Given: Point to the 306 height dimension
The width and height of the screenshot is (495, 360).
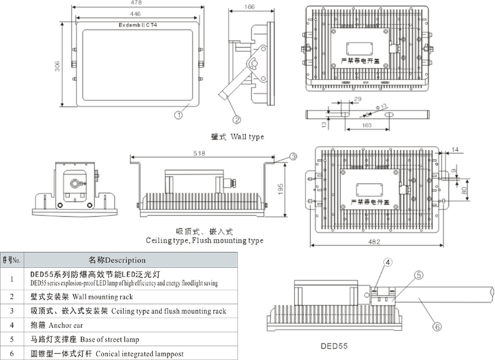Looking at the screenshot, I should (x=58, y=67).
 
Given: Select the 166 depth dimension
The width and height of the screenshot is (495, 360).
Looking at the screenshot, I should (x=249, y=7).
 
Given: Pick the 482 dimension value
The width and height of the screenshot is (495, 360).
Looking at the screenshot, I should (x=375, y=242).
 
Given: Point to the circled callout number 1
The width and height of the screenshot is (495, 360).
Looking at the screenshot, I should (x=179, y=115).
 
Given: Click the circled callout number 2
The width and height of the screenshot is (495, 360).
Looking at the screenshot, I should (x=236, y=120).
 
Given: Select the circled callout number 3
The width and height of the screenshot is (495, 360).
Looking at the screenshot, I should (x=293, y=156).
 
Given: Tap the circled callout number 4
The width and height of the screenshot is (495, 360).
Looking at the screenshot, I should (x=388, y=263).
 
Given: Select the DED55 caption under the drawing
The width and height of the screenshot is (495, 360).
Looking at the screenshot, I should (x=334, y=347).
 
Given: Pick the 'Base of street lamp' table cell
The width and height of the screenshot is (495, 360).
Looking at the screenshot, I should (x=109, y=339).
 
